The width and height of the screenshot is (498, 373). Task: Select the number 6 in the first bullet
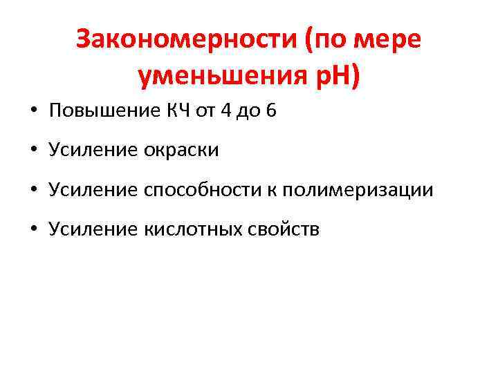click(270, 111)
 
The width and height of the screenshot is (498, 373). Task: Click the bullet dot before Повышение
click(34, 112)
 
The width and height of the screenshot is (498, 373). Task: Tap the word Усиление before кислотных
click(93, 229)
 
